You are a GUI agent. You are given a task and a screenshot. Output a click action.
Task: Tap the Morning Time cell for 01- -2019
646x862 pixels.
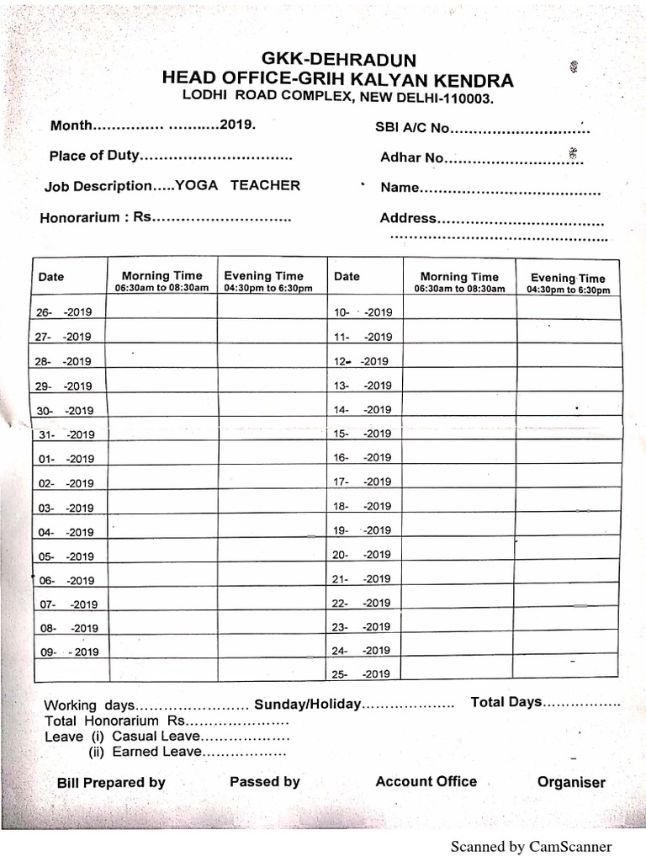(162, 459)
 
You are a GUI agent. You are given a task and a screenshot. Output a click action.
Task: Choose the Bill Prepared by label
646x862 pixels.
(111, 783)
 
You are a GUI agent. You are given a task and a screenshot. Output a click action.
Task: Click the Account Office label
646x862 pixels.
(426, 782)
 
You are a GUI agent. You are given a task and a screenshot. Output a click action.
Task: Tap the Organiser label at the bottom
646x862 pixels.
(571, 783)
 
